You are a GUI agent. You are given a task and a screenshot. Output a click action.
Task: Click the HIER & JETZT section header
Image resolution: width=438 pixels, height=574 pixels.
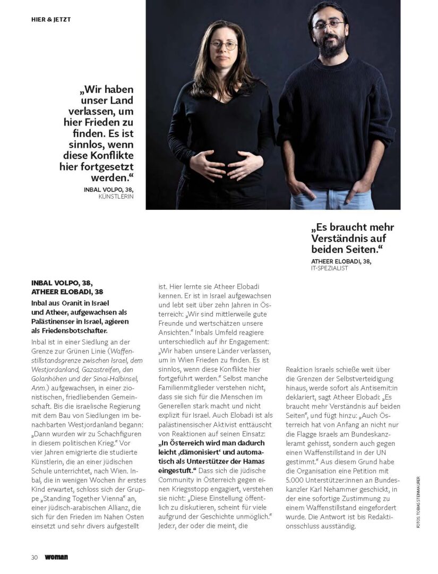click(51, 19)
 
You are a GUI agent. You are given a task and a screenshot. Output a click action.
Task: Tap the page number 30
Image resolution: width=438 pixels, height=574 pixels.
click(34, 557)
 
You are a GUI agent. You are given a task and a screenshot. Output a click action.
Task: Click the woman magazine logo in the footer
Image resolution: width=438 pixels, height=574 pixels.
click(57, 557)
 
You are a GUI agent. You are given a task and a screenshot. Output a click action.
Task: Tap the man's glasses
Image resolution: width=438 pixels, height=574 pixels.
click(328, 25)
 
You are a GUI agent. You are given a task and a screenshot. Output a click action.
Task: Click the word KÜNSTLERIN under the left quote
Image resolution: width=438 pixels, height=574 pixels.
click(116, 196)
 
